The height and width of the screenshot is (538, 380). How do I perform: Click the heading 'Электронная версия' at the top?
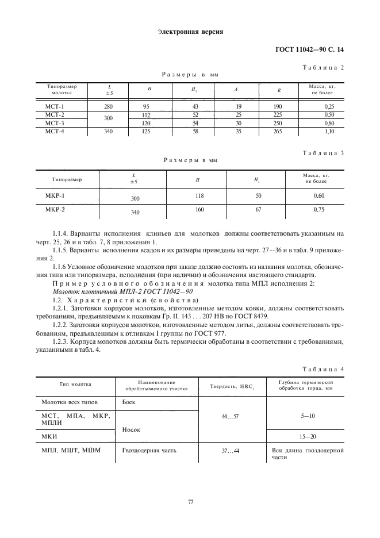point(190,32)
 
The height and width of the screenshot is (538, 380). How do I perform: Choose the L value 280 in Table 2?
point(109,106)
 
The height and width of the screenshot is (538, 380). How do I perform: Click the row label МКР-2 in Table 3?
point(55,210)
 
